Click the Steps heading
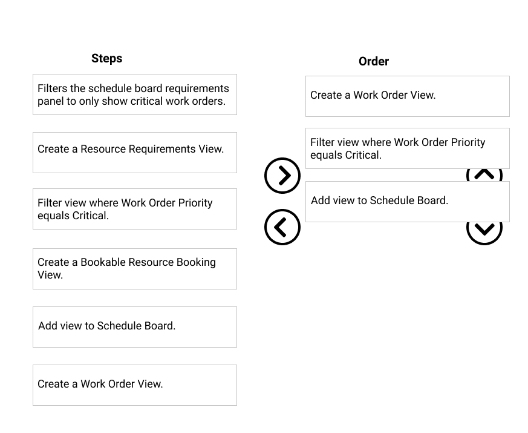106,58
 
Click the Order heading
373,61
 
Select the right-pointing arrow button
282,176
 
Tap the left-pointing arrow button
282,227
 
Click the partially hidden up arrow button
484,174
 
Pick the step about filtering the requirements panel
135,94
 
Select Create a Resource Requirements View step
135,153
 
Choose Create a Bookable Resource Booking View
135,269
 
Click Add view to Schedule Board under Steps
135,327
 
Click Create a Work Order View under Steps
135,385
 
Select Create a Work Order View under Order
408,96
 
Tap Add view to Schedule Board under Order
408,202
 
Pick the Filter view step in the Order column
408,148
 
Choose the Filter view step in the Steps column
135,209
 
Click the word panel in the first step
50,102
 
